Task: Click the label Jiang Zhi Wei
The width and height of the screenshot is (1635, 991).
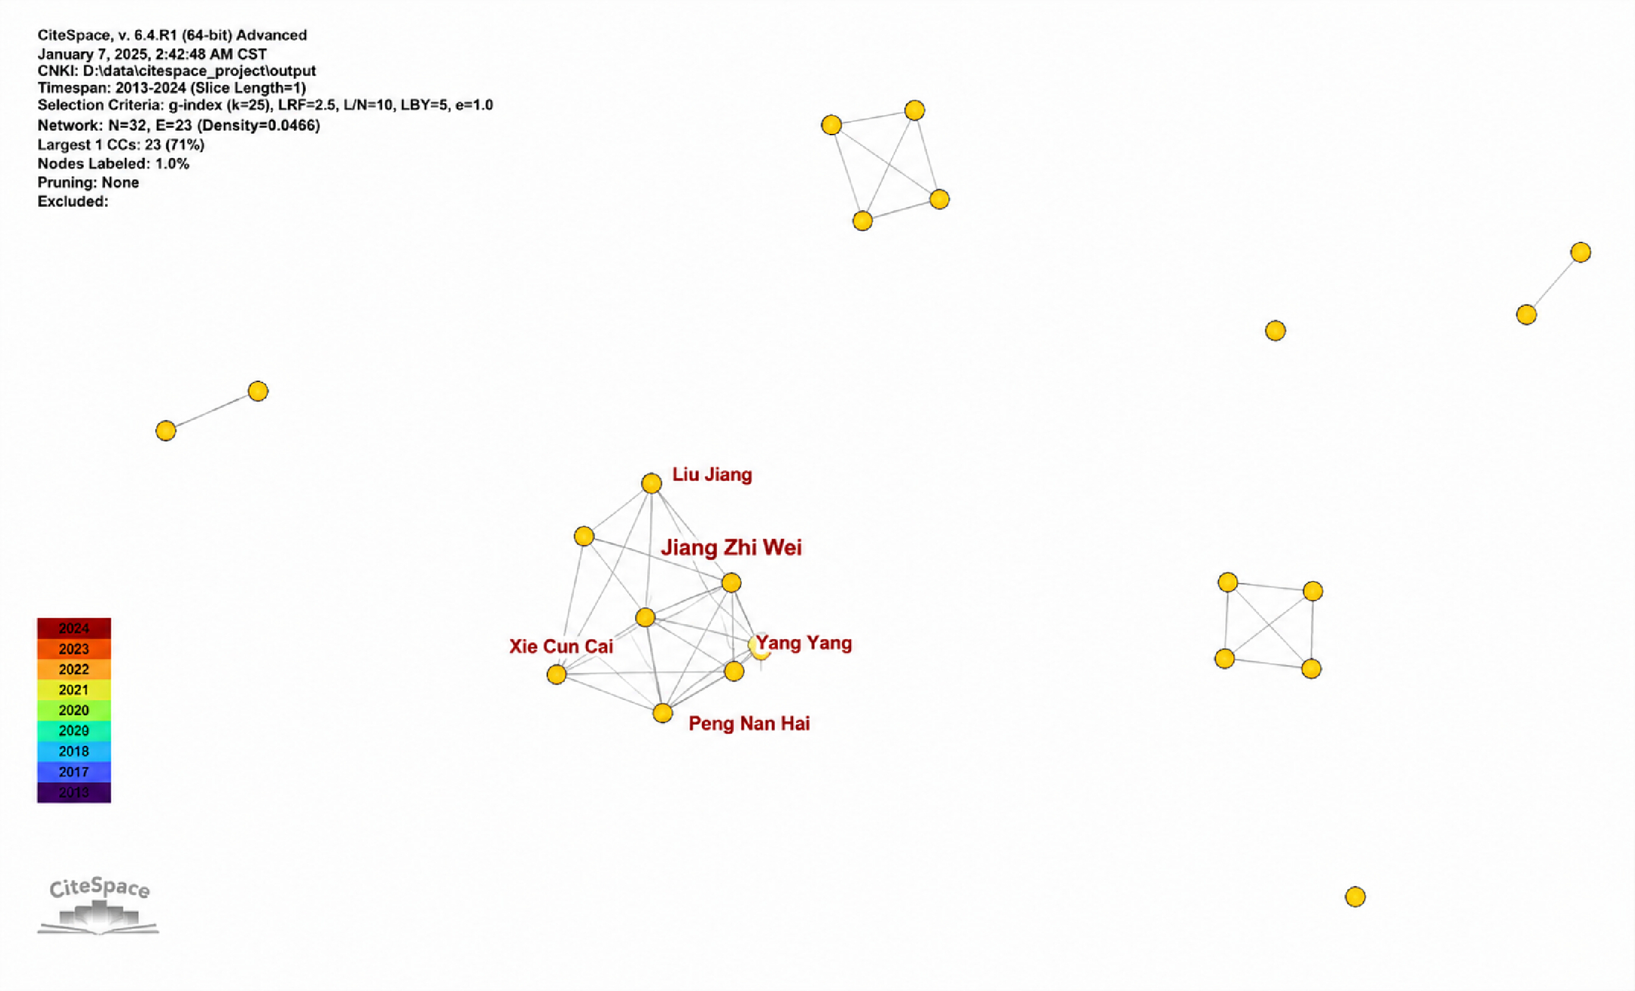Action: point(731,548)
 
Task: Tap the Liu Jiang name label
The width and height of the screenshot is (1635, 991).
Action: point(712,474)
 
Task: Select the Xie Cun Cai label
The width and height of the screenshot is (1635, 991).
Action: point(561,646)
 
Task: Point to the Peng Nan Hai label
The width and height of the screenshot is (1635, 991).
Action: point(749,723)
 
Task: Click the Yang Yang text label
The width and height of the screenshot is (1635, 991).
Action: point(804,643)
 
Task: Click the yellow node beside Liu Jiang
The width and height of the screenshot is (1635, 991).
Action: point(652,483)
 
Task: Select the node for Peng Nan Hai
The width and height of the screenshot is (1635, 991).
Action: point(663,713)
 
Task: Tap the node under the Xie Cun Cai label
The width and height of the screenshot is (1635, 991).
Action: point(556,675)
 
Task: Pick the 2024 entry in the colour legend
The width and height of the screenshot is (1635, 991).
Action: point(74,628)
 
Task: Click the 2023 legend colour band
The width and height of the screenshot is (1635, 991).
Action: point(74,649)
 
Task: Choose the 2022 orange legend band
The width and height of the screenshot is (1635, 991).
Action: point(74,669)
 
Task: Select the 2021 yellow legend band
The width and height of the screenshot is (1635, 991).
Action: point(74,689)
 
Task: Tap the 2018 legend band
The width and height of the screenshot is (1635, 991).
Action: point(74,752)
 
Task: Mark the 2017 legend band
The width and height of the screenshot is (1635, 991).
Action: point(74,772)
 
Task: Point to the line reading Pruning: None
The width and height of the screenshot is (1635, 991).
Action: point(88,183)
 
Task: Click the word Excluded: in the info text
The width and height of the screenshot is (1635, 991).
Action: point(73,201)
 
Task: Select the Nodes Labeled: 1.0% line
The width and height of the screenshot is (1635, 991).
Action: point(113,163)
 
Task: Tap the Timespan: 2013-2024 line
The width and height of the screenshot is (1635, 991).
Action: point(172,88)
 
